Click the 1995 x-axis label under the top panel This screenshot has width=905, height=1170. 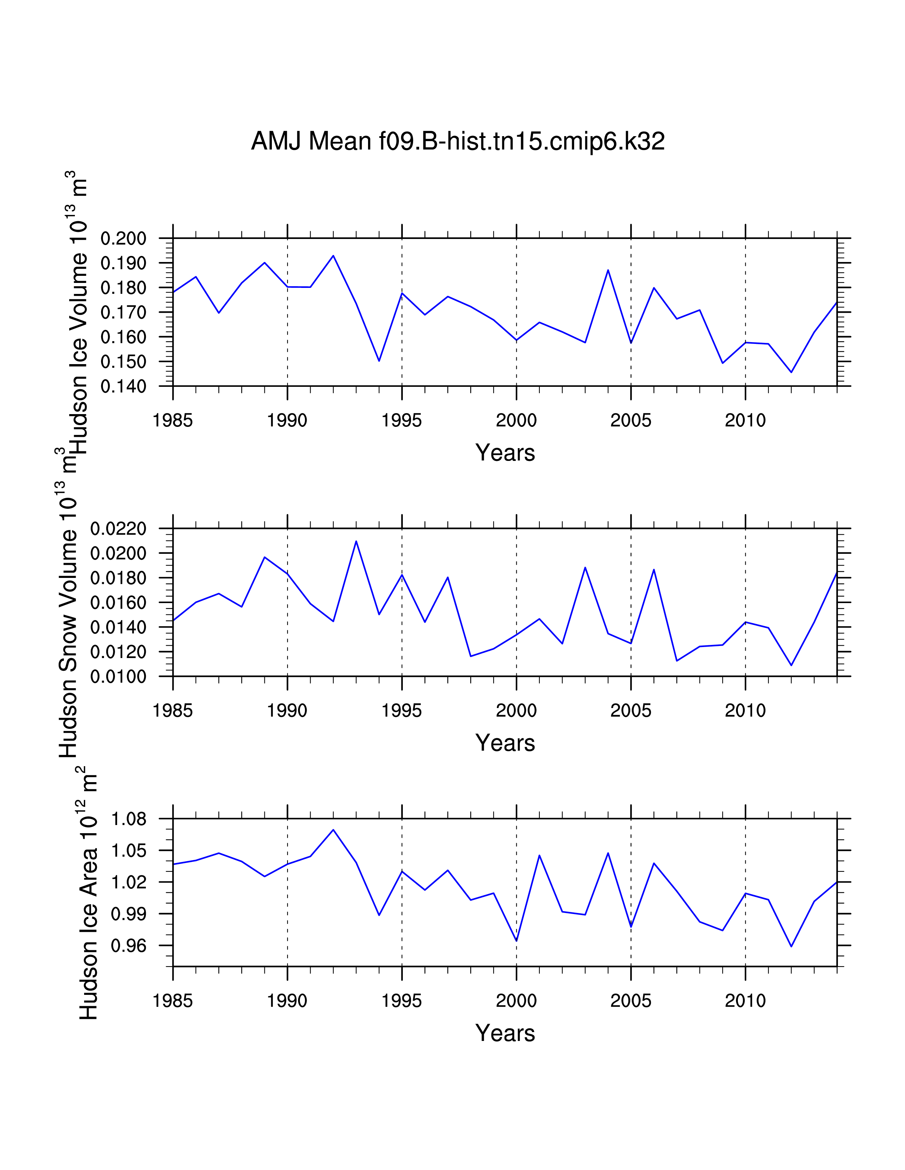tap(401, 420)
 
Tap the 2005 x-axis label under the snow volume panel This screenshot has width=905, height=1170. tap(631, 711)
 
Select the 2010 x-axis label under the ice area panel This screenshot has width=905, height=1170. tap(745, 1001)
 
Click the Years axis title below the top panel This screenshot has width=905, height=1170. tap(505, 453)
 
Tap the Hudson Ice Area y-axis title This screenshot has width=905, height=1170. tap(88, 900)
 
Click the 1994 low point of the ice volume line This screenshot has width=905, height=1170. tap(379, 361)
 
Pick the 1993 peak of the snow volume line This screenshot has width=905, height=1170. tap(356, 541)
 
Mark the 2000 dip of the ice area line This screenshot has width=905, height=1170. tap(516, 941)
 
